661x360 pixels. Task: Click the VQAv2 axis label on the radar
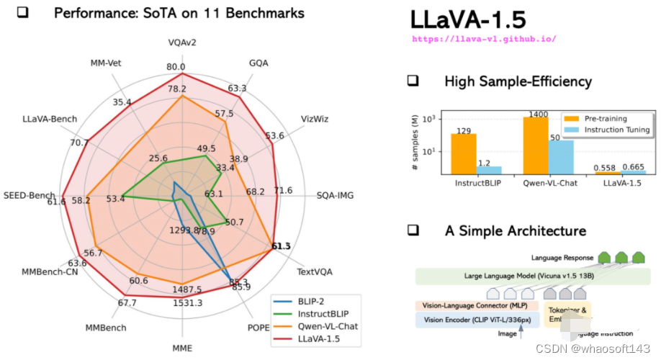(x=182, y=42)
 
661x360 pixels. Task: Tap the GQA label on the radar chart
(x=258, y=63)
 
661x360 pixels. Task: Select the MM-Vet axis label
(x=106, y=63)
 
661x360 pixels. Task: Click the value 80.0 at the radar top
(x=176, y=67)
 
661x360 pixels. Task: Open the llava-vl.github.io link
(x=483, y=39)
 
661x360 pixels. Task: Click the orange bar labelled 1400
(x=536, y=145)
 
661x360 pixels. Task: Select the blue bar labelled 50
(x=561, y=156)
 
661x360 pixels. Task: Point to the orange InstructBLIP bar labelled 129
(x=463, y=153)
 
